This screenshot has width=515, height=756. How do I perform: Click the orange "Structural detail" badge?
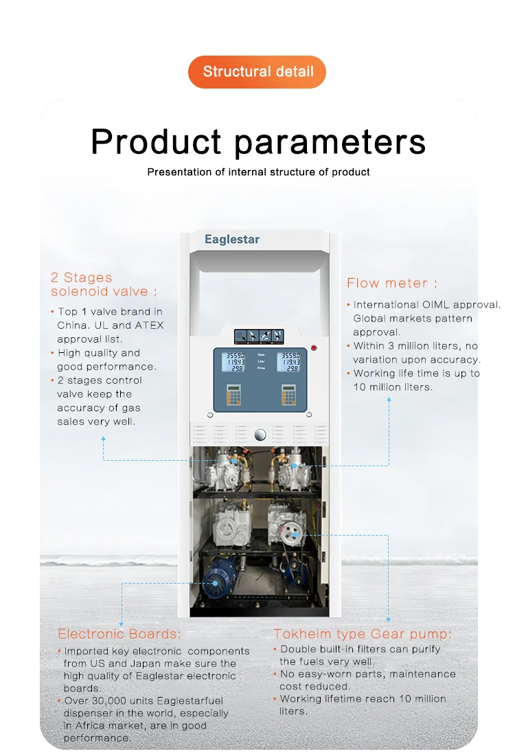tap(257, 71)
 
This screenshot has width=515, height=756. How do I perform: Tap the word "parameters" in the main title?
tap(330, 142)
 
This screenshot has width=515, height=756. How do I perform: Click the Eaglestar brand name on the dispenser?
tap(232, 240)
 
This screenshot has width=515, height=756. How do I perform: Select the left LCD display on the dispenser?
tap(232, 362)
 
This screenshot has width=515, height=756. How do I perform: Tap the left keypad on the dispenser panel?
tap(232, 393)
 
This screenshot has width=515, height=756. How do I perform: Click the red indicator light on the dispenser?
tap(314, 347)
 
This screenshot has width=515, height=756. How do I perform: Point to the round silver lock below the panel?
tap(260, 434)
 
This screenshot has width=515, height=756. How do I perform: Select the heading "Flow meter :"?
tap(391, 283)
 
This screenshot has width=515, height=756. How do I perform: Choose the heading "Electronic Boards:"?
tap(119, 634)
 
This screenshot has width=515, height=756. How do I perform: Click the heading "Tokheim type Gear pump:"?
tap(363, 634)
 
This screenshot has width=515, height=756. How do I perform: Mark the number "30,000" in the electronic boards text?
tap(111, 701)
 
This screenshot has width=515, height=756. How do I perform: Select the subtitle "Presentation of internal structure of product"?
tap(258, 172)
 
